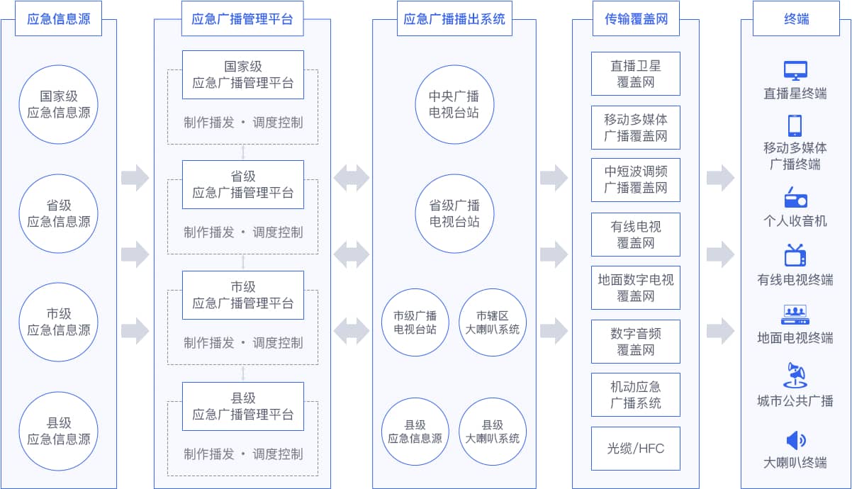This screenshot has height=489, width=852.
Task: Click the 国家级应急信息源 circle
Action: click(59, 103)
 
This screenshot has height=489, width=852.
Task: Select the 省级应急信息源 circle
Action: click(59, 213)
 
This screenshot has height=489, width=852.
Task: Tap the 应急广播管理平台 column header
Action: click(242, 19)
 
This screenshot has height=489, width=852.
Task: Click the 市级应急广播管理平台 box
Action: click(242, 295)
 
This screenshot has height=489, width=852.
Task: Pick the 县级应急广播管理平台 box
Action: click(242, 406)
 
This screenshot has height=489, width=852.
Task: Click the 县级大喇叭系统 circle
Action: click(493, 432)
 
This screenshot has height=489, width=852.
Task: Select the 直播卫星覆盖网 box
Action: click(636, 74)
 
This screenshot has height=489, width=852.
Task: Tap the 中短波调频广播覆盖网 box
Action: click(636, 179)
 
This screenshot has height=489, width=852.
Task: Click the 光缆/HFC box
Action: click(636, 448)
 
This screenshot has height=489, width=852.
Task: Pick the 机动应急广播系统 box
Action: click(636, 394)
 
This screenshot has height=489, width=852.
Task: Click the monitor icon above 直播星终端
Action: click(795, 71)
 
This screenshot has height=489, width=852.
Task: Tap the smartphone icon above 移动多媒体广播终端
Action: click(795, 125)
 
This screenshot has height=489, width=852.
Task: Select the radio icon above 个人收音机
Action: click(795, 197)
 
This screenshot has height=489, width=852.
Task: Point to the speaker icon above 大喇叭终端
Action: click(795, 440)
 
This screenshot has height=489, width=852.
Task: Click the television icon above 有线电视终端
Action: click(795, 255)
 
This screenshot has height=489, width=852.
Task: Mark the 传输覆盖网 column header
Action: click(636, 19)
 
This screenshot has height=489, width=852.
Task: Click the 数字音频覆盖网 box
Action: click(636, 341)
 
